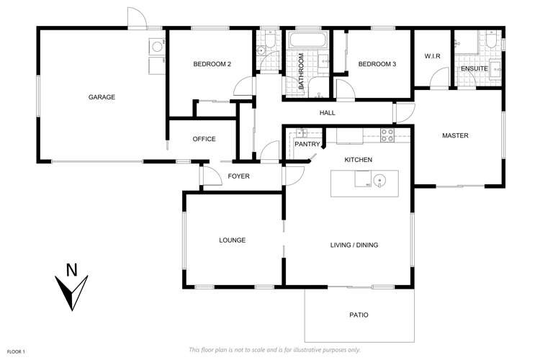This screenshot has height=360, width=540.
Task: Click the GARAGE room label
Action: click(102, 97)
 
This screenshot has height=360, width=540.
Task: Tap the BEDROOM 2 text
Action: click(212, 65)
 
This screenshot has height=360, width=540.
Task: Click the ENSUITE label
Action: click(475, 68)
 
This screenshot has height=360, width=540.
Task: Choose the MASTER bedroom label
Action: click(455, 135)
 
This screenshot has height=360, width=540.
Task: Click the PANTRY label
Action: click(307, 144)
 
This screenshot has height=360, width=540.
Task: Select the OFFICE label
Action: click(204, 139)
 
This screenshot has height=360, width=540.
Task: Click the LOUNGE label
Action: click(233, 240)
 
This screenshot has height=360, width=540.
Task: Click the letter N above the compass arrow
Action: click(71, 270)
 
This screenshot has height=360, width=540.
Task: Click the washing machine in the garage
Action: click(156, 47)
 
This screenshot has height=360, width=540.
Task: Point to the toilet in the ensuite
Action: click(490, 42)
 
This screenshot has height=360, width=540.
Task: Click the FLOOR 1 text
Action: click(16, 351)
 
